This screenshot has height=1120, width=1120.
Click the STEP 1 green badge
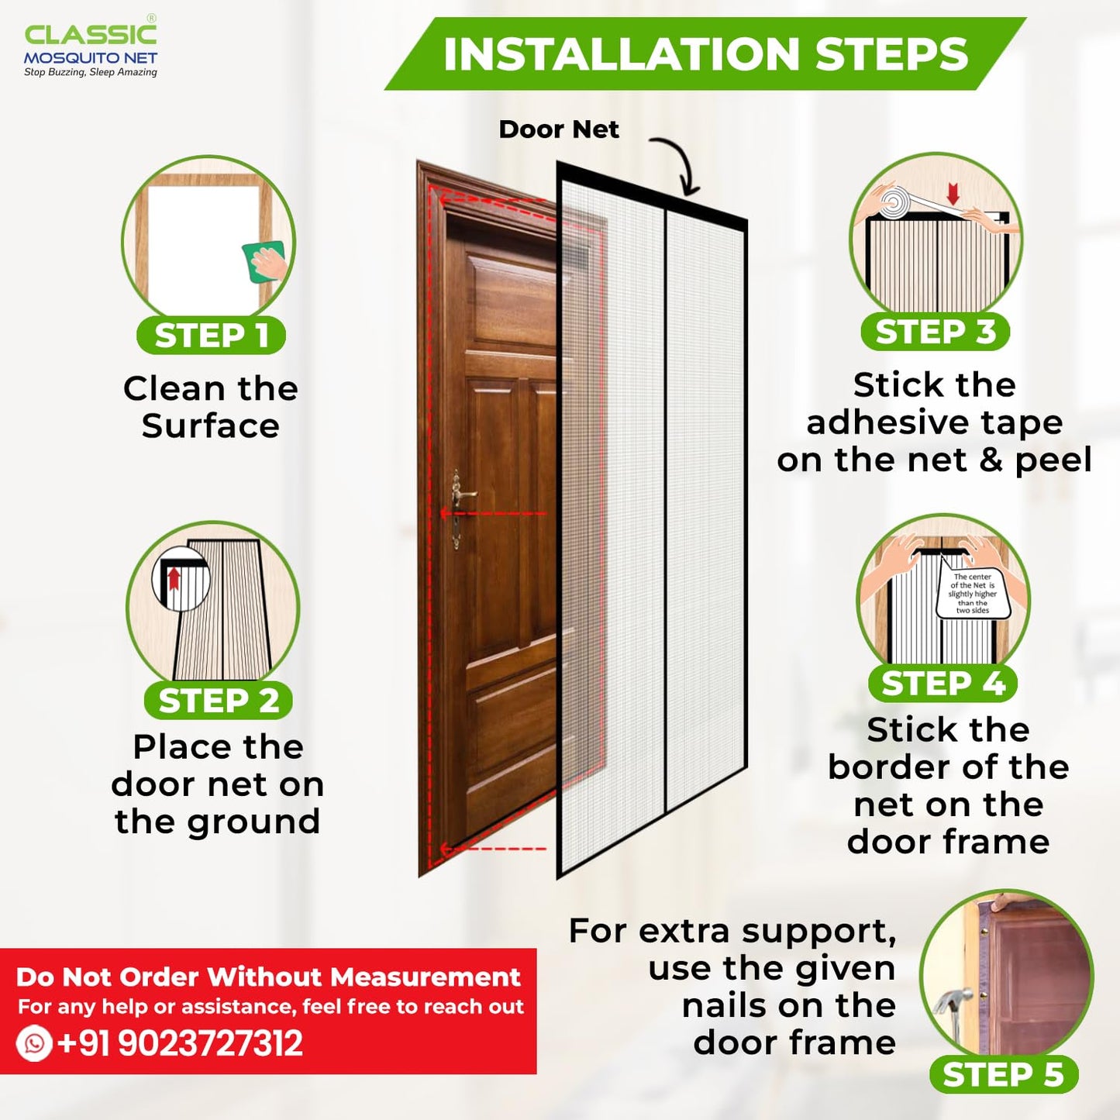211,336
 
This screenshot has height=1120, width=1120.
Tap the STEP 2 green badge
218,701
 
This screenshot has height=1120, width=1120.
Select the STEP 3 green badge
935,332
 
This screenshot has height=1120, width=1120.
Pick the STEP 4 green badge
943,684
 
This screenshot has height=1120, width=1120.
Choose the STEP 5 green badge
1003,1075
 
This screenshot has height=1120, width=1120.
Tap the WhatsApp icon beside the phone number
34,1043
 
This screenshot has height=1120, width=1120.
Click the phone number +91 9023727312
180,1043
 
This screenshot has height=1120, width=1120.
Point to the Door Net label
558,129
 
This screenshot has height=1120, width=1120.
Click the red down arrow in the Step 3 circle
953,193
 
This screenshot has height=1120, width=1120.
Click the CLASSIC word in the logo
91,35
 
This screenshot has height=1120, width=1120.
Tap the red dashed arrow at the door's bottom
492,849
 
